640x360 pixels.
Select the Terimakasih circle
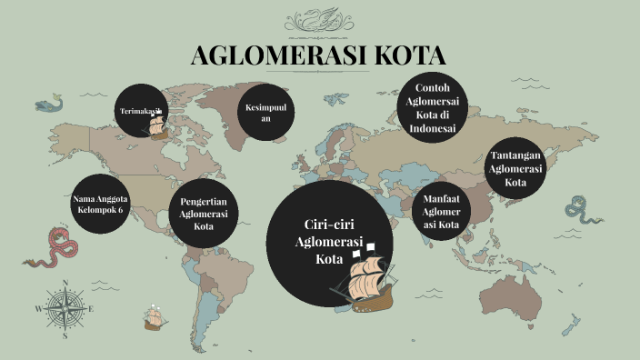click(144, 111)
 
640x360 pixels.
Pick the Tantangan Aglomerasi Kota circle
click(515, 167)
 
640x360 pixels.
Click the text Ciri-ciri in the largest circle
click(328, 225)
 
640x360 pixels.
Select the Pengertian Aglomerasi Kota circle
click(203, 213)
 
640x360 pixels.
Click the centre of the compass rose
click(65, 309)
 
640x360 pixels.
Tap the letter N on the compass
click(65, 282)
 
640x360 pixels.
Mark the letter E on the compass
click(91, 309)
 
